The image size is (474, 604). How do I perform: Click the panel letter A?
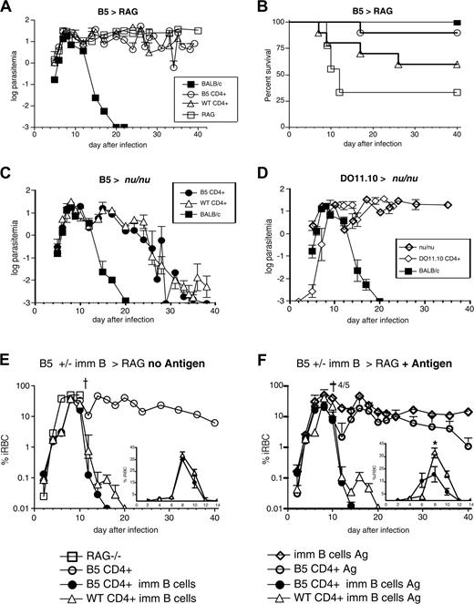[x=8, y=8]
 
